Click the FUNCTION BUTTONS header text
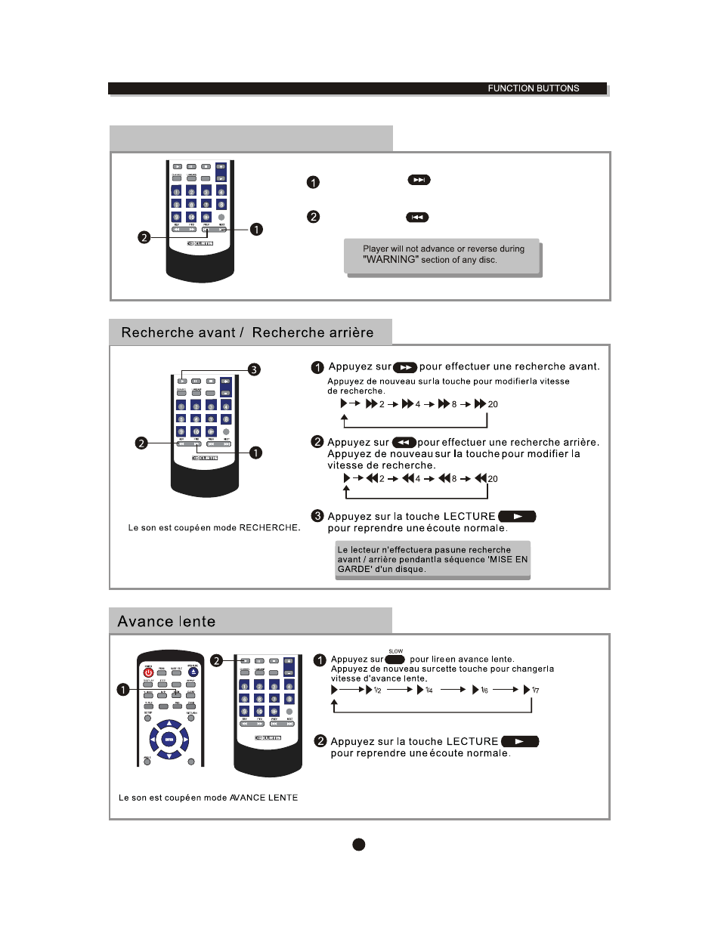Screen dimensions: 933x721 click(x=533, y=88)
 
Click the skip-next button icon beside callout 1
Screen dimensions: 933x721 click(x=419, y=180)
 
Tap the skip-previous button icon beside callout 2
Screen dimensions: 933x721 click(x=417, y=218)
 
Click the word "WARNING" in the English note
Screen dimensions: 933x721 click(x=390, y=259)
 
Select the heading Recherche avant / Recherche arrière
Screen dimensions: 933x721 click(x=247, y=332)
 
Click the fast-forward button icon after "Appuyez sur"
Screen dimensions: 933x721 click(x=405, y=367)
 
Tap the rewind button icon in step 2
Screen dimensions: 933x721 click(x=404, y=443)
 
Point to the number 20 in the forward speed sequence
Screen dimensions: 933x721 click(x=493, y=404)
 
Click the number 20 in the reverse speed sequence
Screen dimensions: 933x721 click(x=493, y=479)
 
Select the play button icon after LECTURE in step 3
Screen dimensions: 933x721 click(x=517, y=517)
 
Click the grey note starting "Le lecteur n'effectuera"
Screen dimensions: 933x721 click(x=432, y=560)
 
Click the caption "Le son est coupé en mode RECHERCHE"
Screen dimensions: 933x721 click(x=214, y=528)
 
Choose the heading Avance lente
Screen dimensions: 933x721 click(x=166, y=622)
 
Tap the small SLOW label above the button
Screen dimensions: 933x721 click(x=395, y=651)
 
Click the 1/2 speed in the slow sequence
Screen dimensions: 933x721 click(x=377, y=690)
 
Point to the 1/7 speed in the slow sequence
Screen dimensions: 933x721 click(x=535, y=690)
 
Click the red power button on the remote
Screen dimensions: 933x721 click(x=148, y=672)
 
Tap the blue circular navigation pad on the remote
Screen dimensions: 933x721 click(x=169, y=740)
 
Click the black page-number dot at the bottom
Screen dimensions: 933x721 click(x=359, y=844)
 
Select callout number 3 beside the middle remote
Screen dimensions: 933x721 click(x=254, y=369)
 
